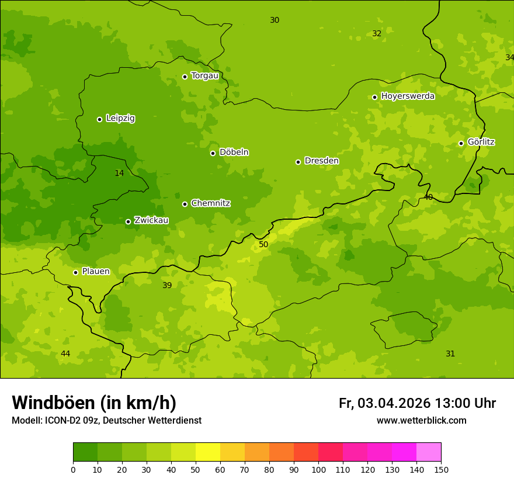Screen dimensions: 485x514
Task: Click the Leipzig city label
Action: (x=120, y=119)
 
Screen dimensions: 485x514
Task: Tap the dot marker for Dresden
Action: (x=298, y=162)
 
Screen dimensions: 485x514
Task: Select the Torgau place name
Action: (x=204, y=76)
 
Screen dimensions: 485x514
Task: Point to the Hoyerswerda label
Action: (x=408, y=96)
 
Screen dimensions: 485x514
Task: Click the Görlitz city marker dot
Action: (x=461, y=143)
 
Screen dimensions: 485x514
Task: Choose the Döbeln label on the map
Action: (x=234, y=153)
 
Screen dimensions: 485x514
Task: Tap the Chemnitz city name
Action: (x=210, y=204)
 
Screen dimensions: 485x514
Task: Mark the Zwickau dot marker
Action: (x=128, y=221)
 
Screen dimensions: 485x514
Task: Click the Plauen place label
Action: (x=96, y=272)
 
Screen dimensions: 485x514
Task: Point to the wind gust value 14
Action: (x=119, y=174)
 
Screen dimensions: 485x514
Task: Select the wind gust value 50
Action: (x=263, y=245)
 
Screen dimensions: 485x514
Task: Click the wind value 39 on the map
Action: (x=167, y=286)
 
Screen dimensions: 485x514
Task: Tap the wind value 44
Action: (x=65, y=354)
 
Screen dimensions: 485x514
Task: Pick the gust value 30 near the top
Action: (x=275, y=20)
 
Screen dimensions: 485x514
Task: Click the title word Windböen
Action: (x=53, y=403)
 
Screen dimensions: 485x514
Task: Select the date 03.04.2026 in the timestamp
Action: (x=394, y=403)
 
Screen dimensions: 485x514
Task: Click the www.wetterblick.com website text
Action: (x=421, y=421)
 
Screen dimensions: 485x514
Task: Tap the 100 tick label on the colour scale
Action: (x=318, y=469)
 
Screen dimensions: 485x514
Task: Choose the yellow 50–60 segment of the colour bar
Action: (x=208, y=452)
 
